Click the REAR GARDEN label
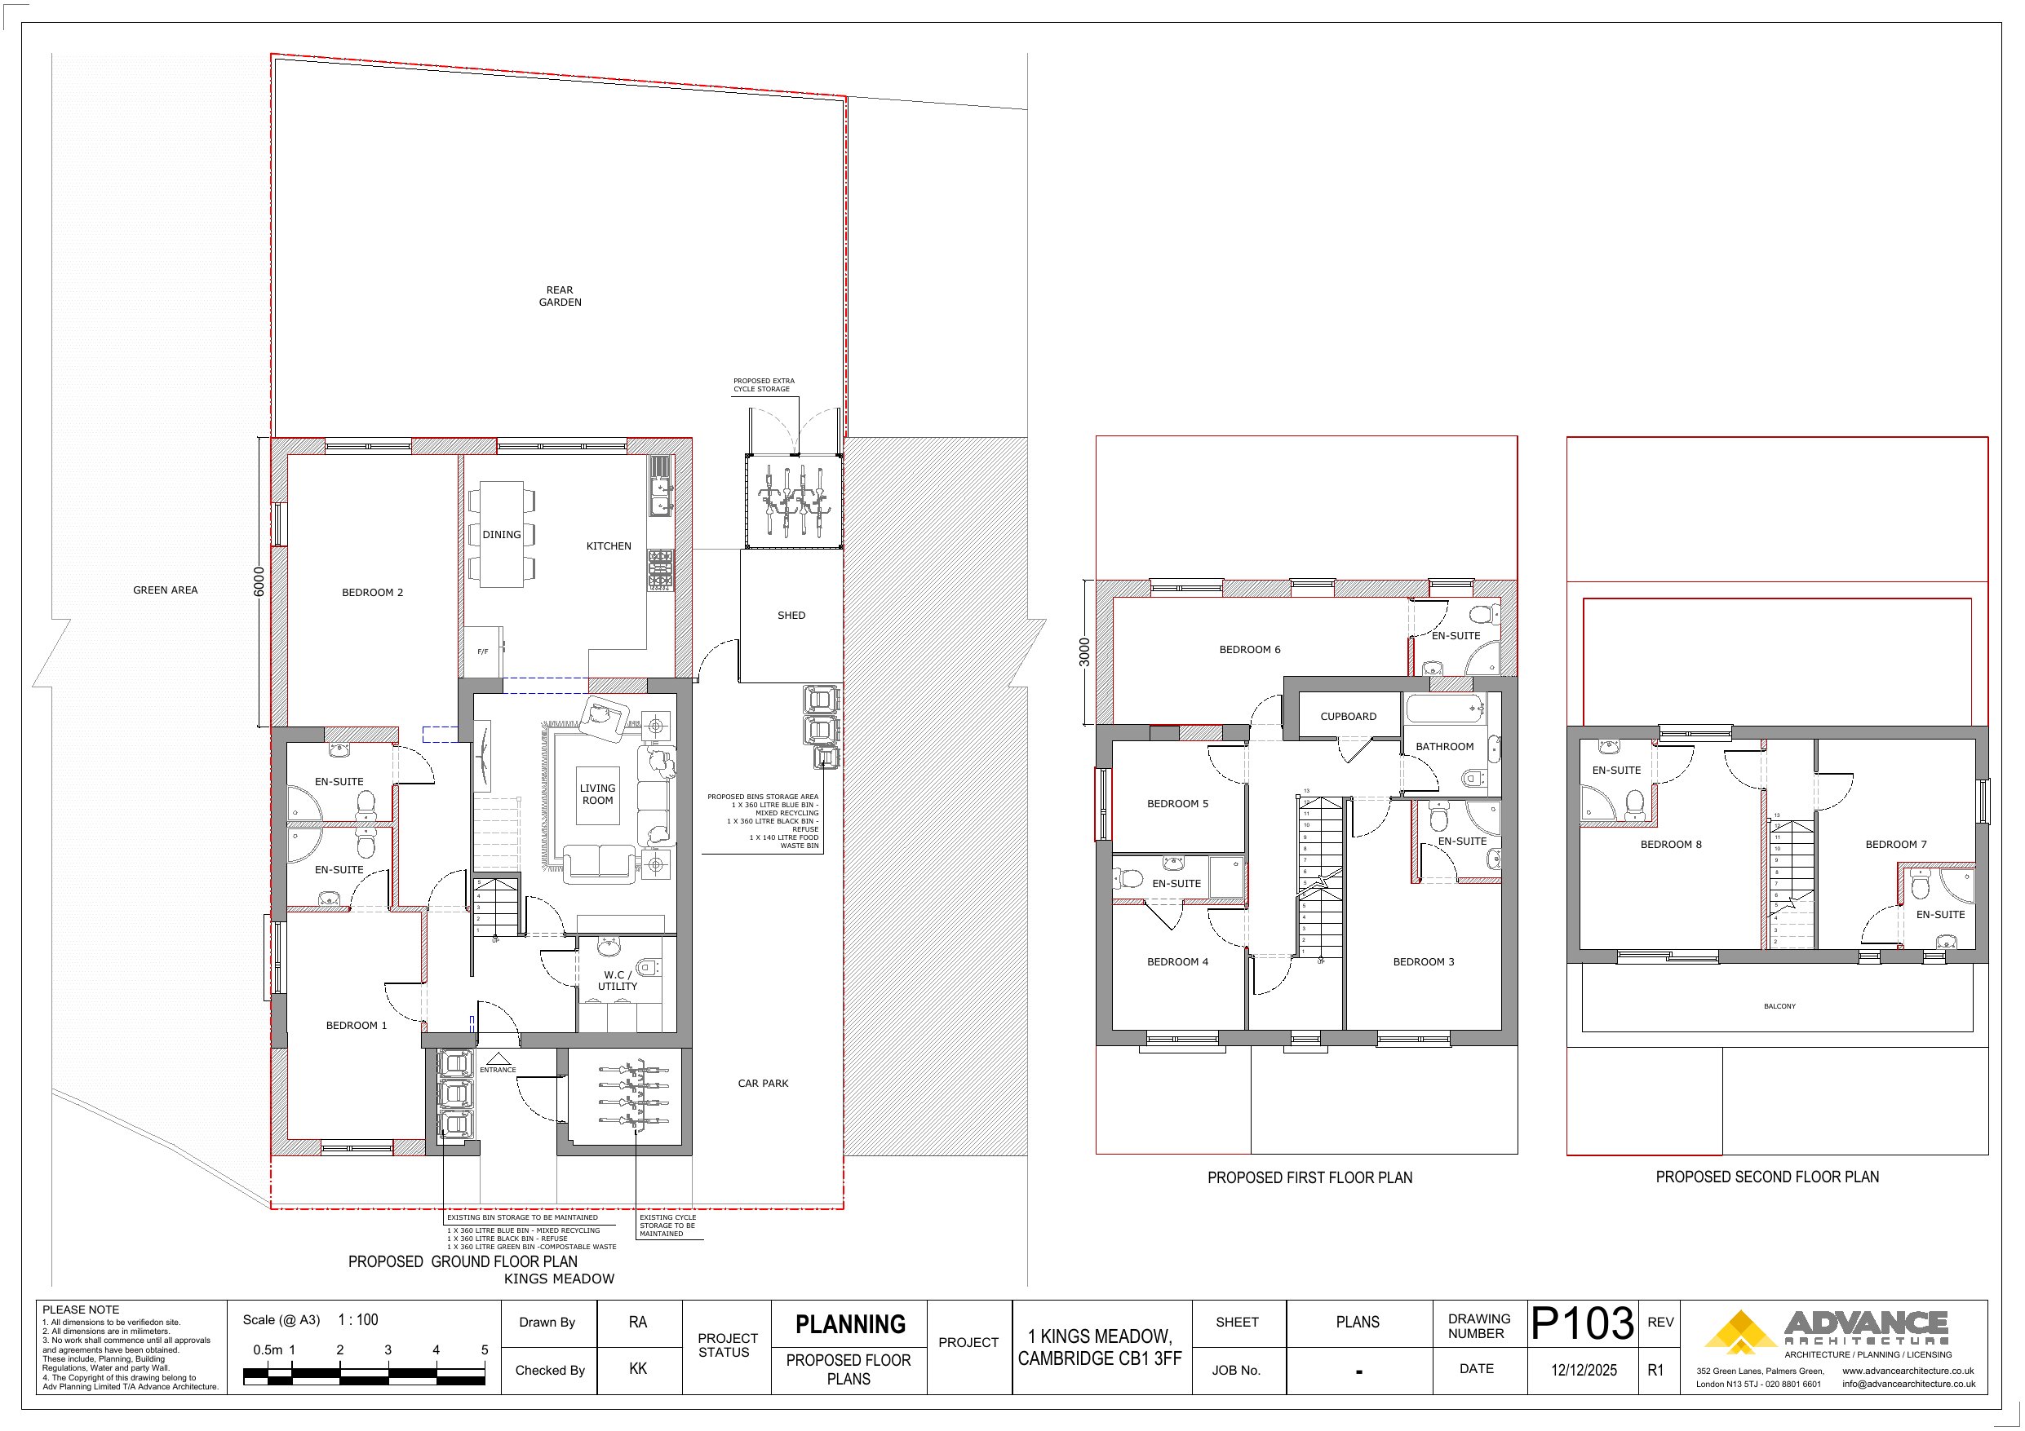[x=560, y=296]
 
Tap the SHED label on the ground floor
[x=791, y=616]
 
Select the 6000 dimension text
[x=259, y=582]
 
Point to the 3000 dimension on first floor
[x=1085, y=652]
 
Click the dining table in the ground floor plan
[x=502, y=534]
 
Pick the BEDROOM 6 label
[x=1250, y=650]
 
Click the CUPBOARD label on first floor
[x=1348, y=717]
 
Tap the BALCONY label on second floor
[x=1779, y=1006]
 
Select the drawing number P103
[x=1583, y=1323]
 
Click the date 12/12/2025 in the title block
[x=1584, y=1370]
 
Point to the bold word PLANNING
[x=850, y=1324]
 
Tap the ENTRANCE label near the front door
[x=498, y=1070]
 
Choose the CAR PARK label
[x=763, y=1084]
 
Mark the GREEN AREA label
[x=165, y=590]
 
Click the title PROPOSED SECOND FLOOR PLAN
[x=1767, y=1177]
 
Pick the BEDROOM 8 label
[x=1670, y=845]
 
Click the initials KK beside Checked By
[x=638, y=1369]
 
